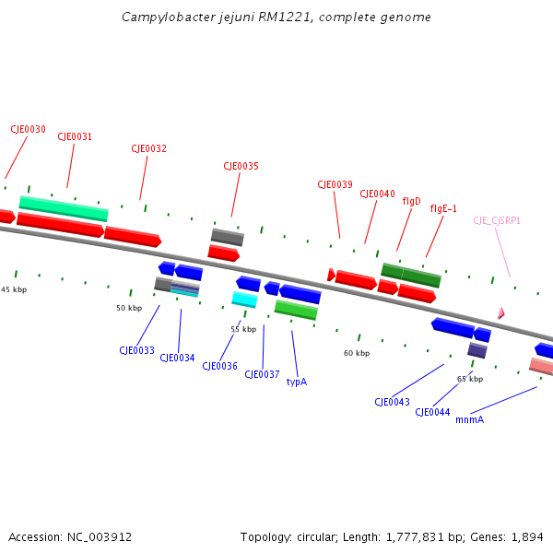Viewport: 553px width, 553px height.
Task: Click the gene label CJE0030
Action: [x=28, y=130]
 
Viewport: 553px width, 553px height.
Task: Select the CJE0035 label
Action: [x=241, y=167]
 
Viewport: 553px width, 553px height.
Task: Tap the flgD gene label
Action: [x=411, y=201]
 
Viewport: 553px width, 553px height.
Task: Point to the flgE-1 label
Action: [x=443, y=208]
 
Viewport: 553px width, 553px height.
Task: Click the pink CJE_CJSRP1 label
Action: [x=497, y=220]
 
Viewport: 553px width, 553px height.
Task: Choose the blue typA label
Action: [x=296, y=382]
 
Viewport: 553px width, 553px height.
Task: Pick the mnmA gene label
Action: [x=469, y=419]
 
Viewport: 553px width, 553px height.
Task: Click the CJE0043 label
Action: [x=392, y=402]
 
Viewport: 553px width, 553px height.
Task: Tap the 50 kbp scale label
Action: [x=129, y=308]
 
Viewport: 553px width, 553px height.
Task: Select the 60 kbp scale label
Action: [x=357, y=353]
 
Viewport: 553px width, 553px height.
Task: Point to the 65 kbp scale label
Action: [x=470, y=379]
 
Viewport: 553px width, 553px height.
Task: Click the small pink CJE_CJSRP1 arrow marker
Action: [x=500, y=313]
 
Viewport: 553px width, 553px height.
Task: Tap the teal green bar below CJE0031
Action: [x=64, y=208]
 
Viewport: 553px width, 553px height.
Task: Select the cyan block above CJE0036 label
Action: [x=244, y=299]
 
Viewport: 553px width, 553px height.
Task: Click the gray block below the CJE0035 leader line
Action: [x=227, y=237]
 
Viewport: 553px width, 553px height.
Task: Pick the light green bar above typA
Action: [x=296, y=310]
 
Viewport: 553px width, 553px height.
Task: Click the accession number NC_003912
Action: [x=99, y=536]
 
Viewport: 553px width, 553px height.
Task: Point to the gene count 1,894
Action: [x=525, y=536]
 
